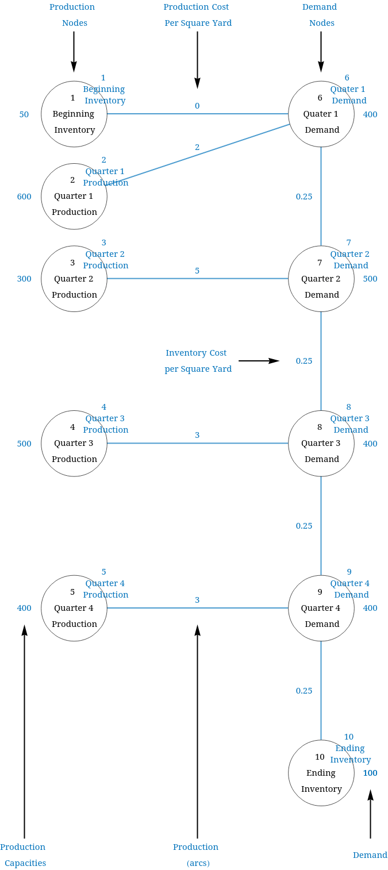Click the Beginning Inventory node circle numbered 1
click(74, 114)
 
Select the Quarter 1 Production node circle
click(74, 197)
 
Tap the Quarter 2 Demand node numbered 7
click(321, 279)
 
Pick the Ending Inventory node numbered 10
click(321, 773)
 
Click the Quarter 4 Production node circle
click(74, 608)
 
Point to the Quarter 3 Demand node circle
click(321, 444)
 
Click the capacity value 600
click(24, 197)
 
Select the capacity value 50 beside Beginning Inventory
click(24, 114)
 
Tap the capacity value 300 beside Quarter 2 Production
click(24, 279)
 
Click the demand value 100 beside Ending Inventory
click(370, 773)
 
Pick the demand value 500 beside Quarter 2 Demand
click(370, 279)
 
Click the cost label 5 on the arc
click(197, 271)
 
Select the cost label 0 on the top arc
click(197, 106)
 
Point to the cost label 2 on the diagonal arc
click(197, 147)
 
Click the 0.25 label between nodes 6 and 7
click(304, 197)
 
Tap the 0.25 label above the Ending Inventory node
click(304, 691)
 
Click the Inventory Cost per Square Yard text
click(197, 361)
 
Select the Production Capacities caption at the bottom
click(24, 855)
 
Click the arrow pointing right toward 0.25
click(259, 361)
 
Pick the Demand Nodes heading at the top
click(320, 15)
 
